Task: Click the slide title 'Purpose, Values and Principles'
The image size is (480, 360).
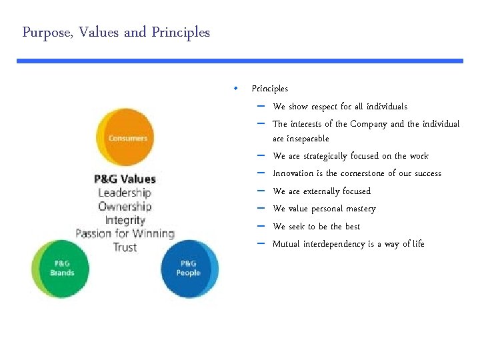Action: pyautogui.click(x=116, y=32)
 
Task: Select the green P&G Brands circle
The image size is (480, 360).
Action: pyautogui.click(x=61, y=268)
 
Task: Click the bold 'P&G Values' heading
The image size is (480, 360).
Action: pyautogui.click(x=125, y=179)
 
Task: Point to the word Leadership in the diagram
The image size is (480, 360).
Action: pyautogui.click(x=125, y=193)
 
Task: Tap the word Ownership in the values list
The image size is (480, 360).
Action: pyautogui.click(x=125, y=206)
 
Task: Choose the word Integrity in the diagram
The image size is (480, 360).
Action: pyautogui.click(x=125, y=219)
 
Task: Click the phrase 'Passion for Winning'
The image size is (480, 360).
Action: pyautogui.click(x=125, y=233)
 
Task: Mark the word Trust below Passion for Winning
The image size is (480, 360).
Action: pyautogui.click(x=125, y=247)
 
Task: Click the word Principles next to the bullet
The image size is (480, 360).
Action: pyautogui.click(x=269, y=89)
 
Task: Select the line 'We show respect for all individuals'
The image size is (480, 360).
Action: pyautogui.click(x=340, y=107)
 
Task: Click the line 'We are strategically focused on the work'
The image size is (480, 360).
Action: pyautogui.click(x=351, y=156)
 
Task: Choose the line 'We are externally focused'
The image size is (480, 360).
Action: pyautogui.click(x=321, y=191)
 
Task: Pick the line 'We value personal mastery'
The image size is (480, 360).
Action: pyautogui.click(x=324, y=209)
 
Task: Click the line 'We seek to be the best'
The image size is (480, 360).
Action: pyautogui.click(x=316, y=227)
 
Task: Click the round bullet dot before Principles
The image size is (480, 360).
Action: pyautogui.click(x=236, y=88)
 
